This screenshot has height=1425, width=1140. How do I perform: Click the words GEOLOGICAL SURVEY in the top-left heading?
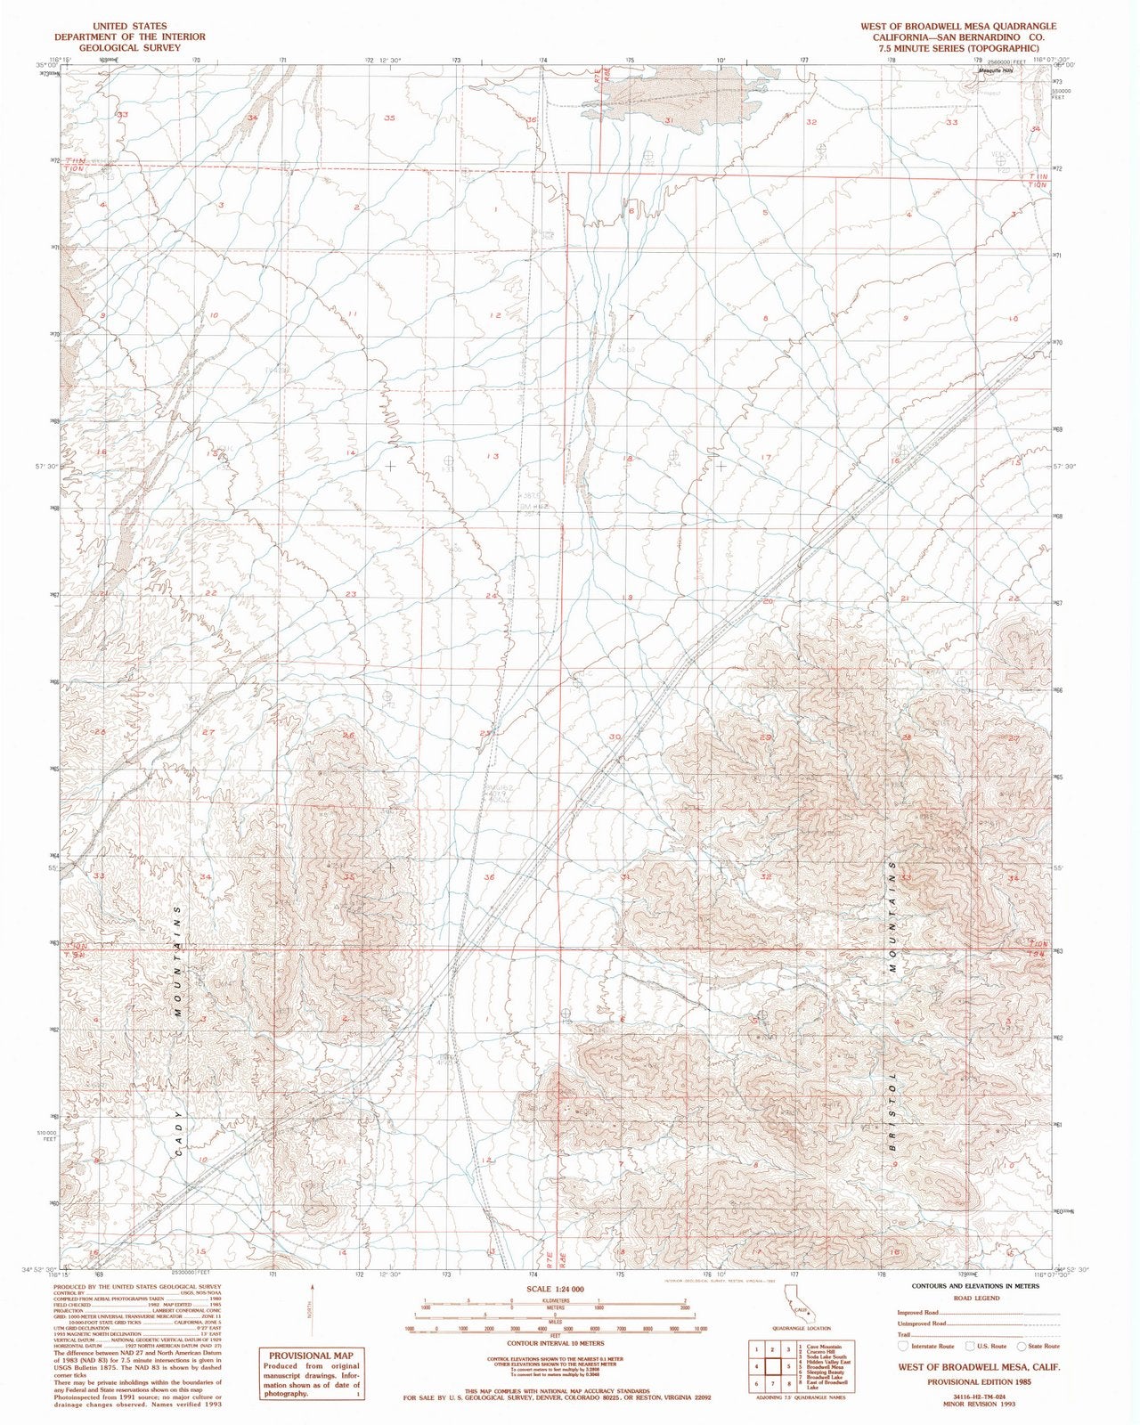[129, 47]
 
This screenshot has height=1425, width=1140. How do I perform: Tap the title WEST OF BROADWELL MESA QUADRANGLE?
[957, 26]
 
